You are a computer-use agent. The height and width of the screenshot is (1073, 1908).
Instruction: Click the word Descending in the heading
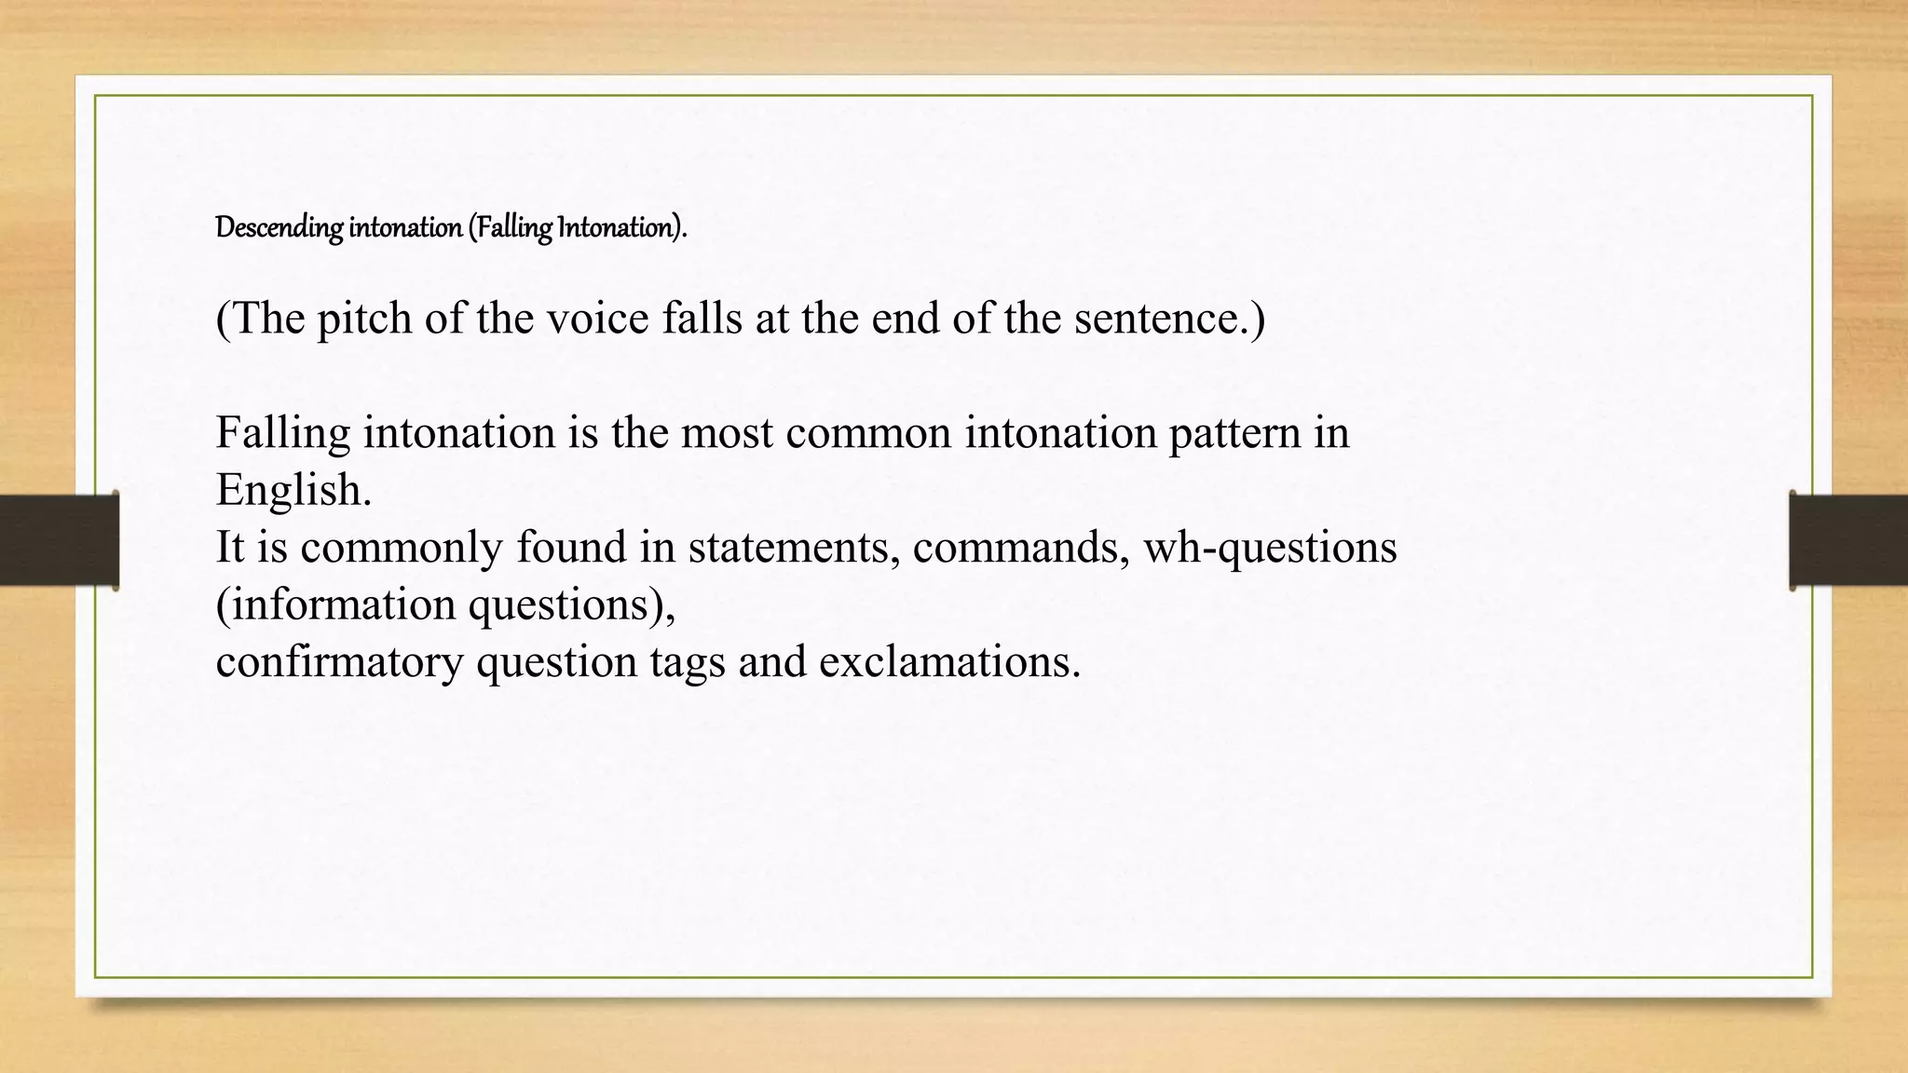tap(279, 227)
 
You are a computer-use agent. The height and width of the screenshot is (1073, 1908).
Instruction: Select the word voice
tap(597, 319)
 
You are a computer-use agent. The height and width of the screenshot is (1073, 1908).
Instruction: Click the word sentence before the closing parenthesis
tap(1158, 319)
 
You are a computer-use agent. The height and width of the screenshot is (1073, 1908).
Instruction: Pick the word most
tap(727, 433)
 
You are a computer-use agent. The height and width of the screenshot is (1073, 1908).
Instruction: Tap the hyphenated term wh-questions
tap(1270, 548)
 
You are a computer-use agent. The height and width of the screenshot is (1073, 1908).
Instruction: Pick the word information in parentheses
tap(341, 605)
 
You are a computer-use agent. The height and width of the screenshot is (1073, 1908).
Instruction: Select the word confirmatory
tap(339, 662)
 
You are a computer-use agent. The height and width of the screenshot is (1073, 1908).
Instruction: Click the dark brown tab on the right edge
tap(1848, 540)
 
